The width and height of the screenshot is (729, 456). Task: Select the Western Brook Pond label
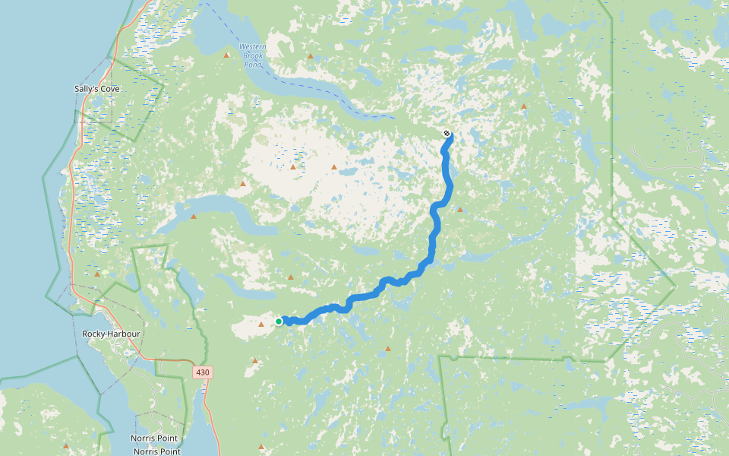pyautogui.click(x=253, y=55)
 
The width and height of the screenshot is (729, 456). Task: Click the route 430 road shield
pyautogui.click(x=202, y=372)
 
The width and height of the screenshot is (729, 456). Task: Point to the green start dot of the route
pyautogui.click(x=279, y=321)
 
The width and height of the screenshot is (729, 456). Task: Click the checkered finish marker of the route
pyautogui.click(x=447, y=133)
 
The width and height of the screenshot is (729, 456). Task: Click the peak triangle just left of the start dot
pyautogui.click(x=261, y=325)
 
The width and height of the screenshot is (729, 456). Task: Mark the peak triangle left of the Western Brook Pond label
pyautogui.click(x=226, y=55)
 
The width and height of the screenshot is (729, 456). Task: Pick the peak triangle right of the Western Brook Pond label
pyautogui.click(x=310, y=56)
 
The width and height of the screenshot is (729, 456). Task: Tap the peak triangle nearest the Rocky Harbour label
pyautogui.click(x=97, y=274)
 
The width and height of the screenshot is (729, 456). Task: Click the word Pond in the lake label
pyautogui.click(x=253, y=65)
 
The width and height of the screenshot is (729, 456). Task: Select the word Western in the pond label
pyautogui.click(x=253, y=46)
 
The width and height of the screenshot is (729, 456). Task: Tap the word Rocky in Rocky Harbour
pyautogui.click(x=93, y=334)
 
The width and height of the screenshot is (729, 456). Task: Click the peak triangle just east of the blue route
pyautogui.click(x=459, y=209)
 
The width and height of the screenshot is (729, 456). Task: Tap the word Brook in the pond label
pyautogui.click(x=253, y=55)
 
